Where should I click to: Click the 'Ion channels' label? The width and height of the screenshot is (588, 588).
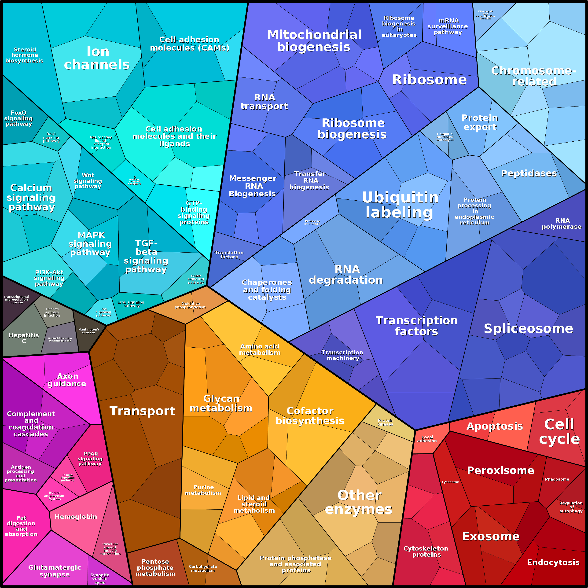97,58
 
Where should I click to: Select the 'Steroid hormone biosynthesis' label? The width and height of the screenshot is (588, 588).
24,55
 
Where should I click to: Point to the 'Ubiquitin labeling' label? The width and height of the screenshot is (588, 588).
400,205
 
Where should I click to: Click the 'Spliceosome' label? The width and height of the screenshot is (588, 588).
528,328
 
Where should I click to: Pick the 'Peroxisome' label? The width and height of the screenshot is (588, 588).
500,470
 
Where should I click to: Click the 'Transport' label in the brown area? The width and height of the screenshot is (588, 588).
142,411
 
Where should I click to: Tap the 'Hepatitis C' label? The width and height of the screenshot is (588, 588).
24,338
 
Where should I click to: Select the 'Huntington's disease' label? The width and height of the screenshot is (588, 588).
89,331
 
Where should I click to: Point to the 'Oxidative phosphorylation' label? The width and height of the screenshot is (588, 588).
190,305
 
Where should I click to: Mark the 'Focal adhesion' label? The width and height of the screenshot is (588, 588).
427,439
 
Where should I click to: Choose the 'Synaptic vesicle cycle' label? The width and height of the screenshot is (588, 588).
100,579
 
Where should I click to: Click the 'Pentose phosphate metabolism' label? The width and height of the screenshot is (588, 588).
155,567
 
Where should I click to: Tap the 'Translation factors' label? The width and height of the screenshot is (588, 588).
229,255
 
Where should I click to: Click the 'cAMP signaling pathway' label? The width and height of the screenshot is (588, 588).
196,279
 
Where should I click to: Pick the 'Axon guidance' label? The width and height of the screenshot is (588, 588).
67,380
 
